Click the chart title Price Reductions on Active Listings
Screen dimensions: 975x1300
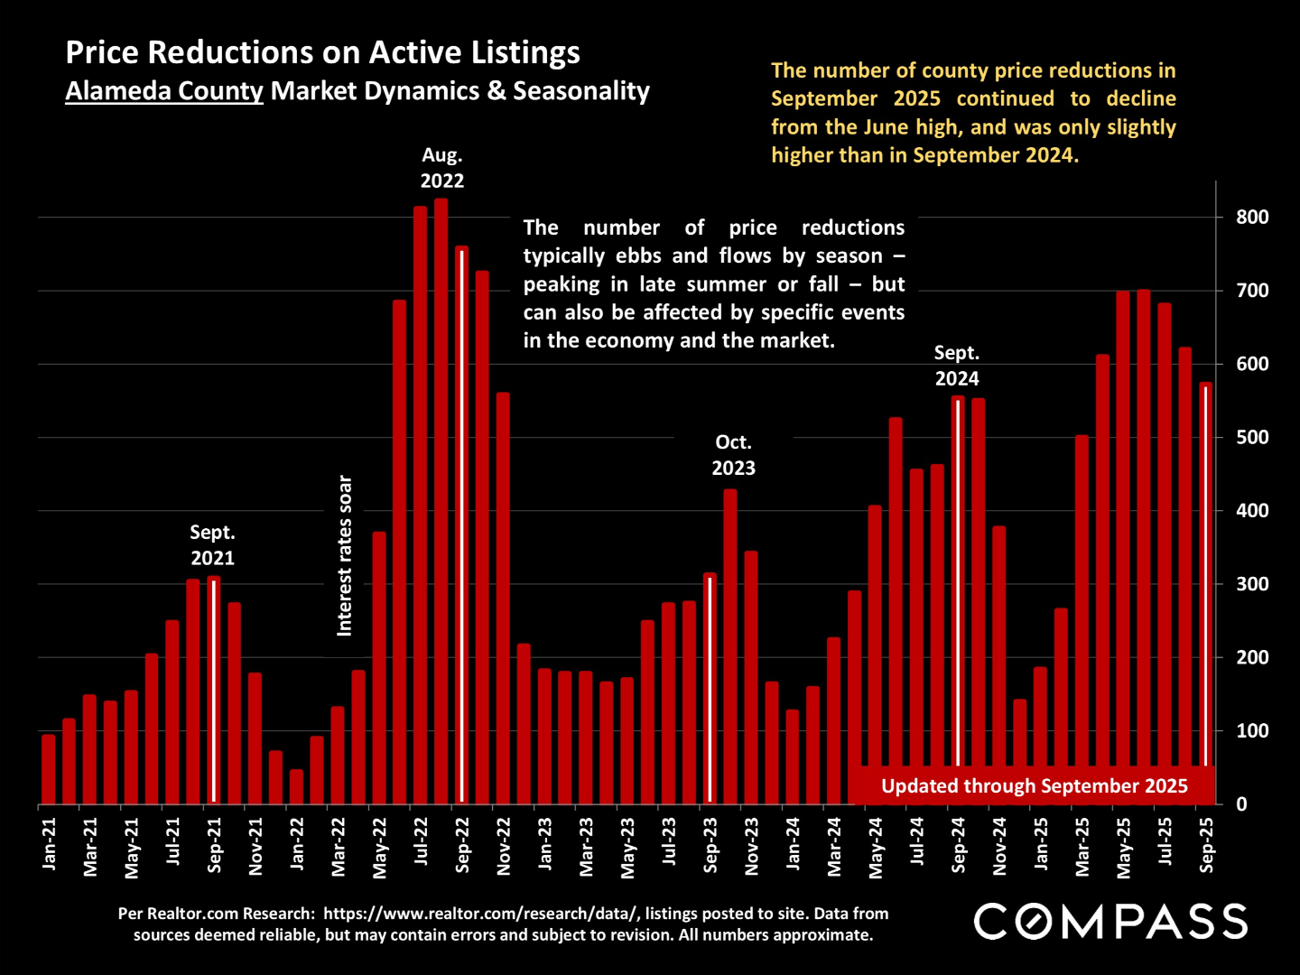coord(322,52)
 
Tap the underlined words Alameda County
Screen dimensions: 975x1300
coord(164,91)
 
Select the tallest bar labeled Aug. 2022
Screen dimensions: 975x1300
coord(441,501)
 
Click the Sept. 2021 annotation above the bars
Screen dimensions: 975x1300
coord(212,545)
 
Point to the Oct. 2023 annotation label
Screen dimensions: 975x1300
coord(733,455)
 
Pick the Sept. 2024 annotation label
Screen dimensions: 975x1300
coord(956,366)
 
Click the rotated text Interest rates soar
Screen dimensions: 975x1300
coord(345,555)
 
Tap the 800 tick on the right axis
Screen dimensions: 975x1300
coord(1252,218)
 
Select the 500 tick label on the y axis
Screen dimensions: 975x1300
coord(1252,438)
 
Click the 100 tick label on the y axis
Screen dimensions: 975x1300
coord(1252,731)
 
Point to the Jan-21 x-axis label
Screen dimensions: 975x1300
coord(49,844)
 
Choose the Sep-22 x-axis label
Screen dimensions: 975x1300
coord(462,845)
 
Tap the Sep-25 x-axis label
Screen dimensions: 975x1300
coord(1207,845)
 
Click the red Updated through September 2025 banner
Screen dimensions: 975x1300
coord(1034,785)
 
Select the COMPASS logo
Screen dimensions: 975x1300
coord(1110,922)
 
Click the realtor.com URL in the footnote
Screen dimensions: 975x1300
coord(481,914)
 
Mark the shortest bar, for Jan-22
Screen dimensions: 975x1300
coord(296,786)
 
